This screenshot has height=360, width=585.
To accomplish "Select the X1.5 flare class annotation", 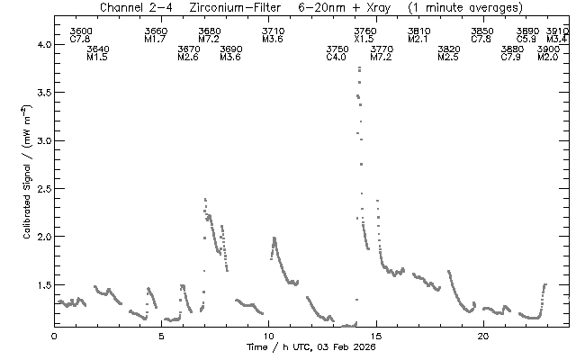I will click(x=364, y=40).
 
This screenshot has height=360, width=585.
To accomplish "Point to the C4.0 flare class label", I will click(x=337, y=57).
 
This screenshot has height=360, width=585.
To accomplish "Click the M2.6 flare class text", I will click(x=188, y=57).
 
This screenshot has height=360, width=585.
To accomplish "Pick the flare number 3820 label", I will click(x=447, y=49).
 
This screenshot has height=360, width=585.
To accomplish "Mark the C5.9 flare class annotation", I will click(x=527, y=40).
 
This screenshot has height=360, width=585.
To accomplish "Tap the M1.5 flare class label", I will click(x=98, y=57).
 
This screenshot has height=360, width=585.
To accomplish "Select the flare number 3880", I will click(x=511, y=49).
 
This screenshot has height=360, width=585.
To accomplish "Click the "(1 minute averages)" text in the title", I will click(x=465, y=7).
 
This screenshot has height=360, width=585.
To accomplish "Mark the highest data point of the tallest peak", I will click(x=359, y=67).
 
